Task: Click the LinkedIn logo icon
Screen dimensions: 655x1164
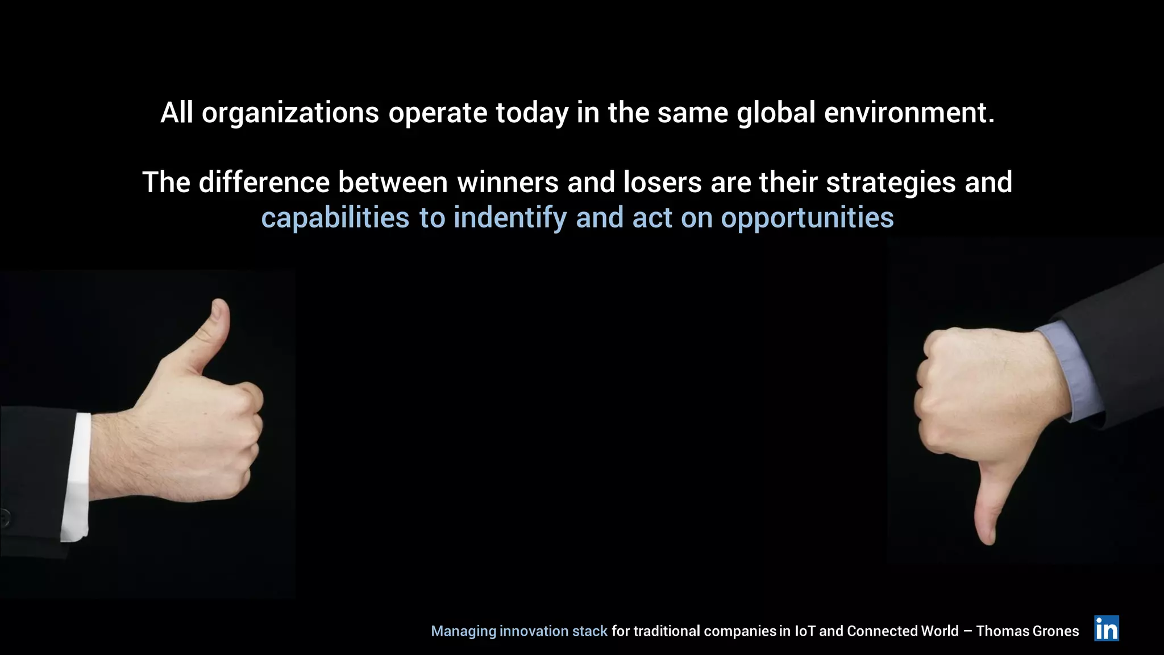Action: [x=1106, y=628]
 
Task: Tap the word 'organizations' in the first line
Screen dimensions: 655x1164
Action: [x=290, y=113]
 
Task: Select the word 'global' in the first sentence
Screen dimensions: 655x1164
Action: [x=776, y=113]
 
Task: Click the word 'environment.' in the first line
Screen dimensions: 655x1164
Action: [x=909, y=113]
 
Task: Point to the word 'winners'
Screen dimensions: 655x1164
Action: [x=508, y=183]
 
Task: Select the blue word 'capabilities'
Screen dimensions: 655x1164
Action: [x=335, y=218]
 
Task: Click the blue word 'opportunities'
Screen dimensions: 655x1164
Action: [x=807, y=218]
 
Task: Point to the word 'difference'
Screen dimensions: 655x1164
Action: [x=264, y=183]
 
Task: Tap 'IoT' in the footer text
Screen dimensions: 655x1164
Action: [x=804, y=631]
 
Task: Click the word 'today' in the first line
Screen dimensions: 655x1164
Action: [x=531, y=113]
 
